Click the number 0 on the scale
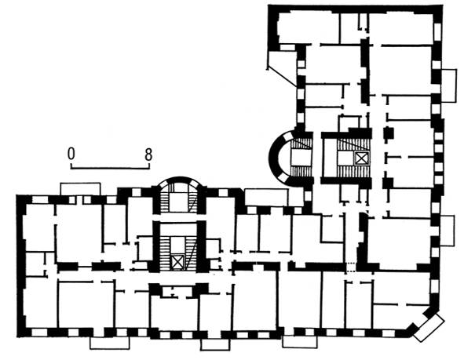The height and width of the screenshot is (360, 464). [x=71, y=154]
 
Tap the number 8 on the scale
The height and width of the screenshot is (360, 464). [x=148, y=155]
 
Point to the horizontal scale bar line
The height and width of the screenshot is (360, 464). [x=110, y=168]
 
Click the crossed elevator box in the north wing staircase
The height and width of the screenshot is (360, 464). [x=362, y=158]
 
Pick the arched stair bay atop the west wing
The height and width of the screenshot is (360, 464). [x=178, y=195]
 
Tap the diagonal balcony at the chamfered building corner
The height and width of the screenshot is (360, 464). [x=429, y=328]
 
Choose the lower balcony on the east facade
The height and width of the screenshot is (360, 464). [x=448, y=231]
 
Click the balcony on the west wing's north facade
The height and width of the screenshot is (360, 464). [x=80, y=189]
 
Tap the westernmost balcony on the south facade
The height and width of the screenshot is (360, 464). [x=109, y=343]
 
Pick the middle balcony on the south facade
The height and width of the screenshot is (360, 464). [x=215, y=344]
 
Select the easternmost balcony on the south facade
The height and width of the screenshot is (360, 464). [x=300, y=341]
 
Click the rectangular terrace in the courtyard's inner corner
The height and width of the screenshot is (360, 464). [x=267, y=197]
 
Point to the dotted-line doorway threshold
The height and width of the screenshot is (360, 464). [x=350, y=267]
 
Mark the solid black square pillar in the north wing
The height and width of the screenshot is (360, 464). [x=389, y=133]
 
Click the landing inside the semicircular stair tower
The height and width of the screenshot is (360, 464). [x=301, y=158]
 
